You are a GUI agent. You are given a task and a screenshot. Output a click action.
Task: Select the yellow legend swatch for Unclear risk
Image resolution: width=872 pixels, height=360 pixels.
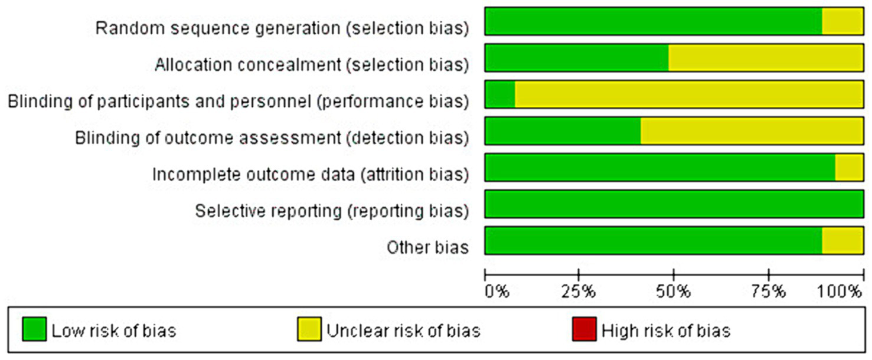[309, 329]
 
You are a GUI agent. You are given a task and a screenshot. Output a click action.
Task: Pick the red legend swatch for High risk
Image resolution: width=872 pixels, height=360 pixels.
[583, 329]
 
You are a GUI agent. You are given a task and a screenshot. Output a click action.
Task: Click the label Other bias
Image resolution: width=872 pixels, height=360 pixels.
[427, 247]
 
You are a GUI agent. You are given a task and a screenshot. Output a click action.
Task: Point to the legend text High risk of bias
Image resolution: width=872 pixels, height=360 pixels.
[665, 330]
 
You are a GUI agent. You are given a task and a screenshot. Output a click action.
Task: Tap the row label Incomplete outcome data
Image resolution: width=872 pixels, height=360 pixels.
[311, 175]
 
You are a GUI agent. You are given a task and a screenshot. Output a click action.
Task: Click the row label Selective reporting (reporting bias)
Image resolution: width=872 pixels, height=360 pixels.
[332, 211]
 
